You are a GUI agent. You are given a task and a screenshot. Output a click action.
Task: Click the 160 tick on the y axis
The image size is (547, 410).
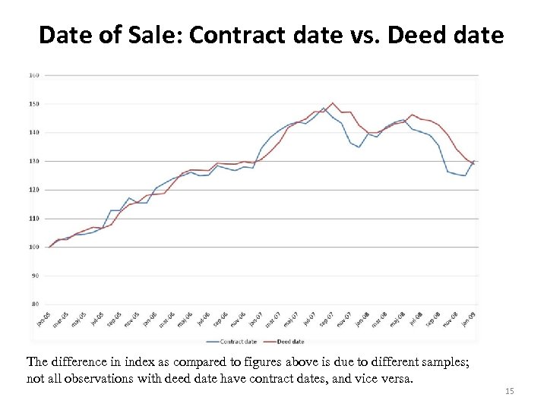(x=34, y=75)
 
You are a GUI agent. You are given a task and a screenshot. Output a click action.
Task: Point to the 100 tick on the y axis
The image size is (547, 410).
(x=34, y=247)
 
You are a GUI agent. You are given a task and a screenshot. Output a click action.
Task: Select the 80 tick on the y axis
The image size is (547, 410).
(x=35, y=304)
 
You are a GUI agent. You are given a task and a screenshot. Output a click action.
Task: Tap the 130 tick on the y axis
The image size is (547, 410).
(x=34, y=161)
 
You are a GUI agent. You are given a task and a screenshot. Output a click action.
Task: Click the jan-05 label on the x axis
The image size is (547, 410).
(x=43, y=319)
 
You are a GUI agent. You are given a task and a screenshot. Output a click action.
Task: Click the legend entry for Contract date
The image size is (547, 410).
(x=236, y=342)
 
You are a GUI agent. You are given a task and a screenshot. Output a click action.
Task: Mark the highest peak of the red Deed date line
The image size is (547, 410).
(x=333, y=103)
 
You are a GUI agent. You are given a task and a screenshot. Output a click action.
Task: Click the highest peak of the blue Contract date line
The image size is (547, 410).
(x=324, y=109)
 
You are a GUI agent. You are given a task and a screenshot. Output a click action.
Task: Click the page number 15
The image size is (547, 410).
(x=510, y=391)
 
